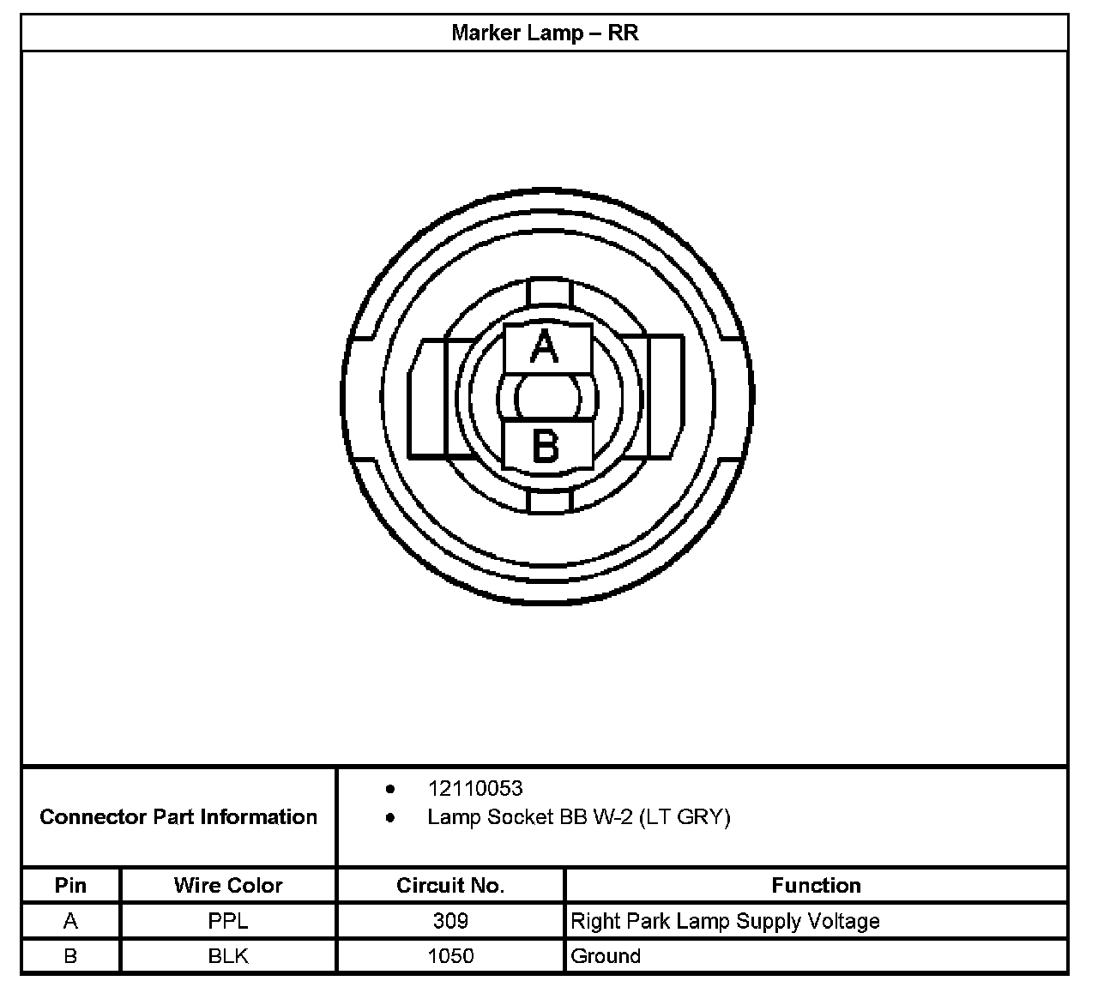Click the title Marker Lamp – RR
click(x=545, y=33)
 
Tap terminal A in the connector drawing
click(x=547, y=348)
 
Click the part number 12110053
click(x=475, y=789)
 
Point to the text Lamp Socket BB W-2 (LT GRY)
click(x=578, y=817)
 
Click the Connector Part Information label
click(x=178, y=816)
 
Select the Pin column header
click(x=70, y=885)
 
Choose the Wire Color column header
click(x=228, y=885)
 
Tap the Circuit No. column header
click(x=450, y=885)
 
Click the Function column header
click(x=816, y=885)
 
